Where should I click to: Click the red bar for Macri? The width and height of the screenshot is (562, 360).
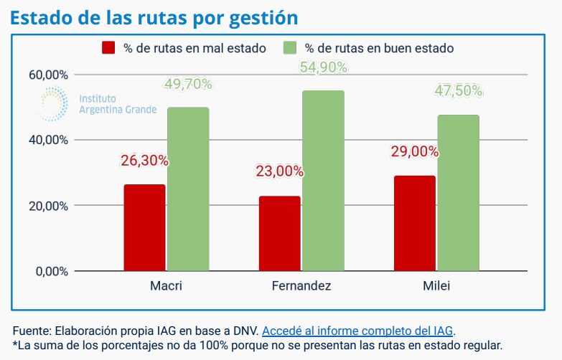[144, 228]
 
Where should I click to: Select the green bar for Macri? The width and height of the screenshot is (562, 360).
[188, 189]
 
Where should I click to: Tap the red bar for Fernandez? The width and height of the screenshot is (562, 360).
[280, 234]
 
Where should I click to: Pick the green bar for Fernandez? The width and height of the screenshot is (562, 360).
[323, 181]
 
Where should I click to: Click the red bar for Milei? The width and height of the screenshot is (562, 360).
[414, 224]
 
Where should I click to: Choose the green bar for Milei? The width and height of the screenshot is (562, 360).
[458, 193]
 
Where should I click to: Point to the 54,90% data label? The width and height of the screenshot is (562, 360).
[323, 67]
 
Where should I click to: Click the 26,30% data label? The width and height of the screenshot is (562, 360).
[144, 161]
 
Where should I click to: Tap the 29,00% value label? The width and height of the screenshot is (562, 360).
[414, 151]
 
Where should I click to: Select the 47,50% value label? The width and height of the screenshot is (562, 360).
[458, 91]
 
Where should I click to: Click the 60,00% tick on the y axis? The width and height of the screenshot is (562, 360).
[48, 75]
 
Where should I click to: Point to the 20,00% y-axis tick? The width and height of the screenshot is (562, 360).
[48, 206]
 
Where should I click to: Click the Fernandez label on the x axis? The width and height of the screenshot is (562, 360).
[301, 286]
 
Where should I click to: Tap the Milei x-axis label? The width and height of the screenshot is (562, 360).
[436, 286]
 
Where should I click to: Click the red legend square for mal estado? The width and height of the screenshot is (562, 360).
[109, 48]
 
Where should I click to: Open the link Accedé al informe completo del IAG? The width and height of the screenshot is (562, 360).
[358, 331]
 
